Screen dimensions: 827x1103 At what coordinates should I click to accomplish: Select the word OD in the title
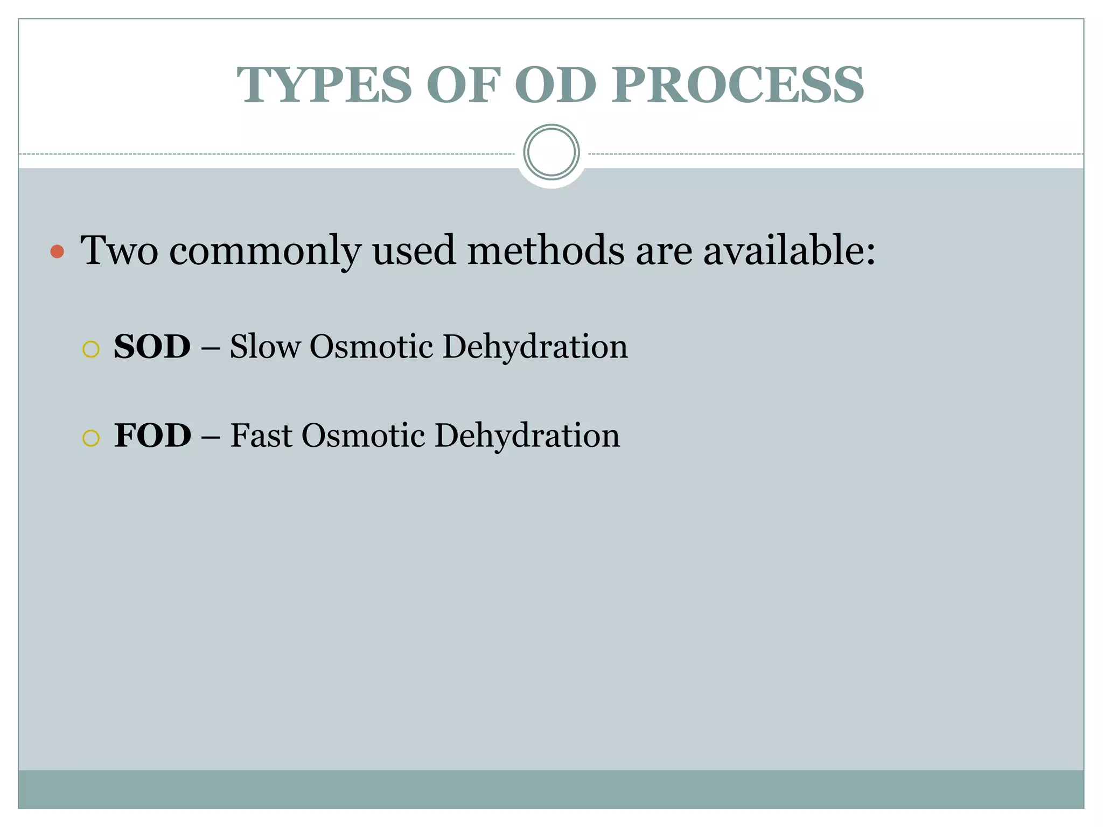555,85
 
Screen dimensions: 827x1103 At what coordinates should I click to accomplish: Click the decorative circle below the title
551,152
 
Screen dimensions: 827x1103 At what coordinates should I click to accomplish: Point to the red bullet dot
57,251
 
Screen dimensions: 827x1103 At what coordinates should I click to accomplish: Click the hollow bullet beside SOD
91,349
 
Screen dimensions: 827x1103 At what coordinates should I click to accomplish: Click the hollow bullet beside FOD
91,438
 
